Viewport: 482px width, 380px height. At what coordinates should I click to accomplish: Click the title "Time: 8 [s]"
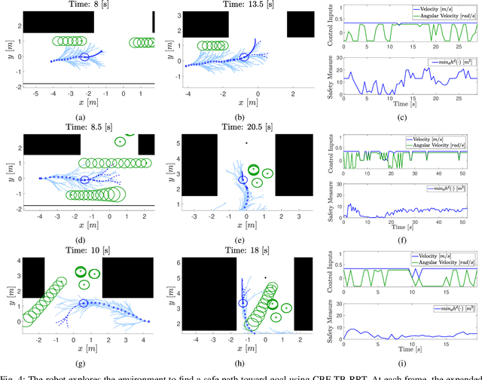coord(87,5)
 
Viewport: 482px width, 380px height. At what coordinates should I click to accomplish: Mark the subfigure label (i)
coord(402,361)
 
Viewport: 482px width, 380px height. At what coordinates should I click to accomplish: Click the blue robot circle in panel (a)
coord(85,57)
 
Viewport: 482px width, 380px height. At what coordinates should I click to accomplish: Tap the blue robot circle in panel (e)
coord(243,180)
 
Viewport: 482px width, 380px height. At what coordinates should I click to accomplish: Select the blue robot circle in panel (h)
coord(243,303)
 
